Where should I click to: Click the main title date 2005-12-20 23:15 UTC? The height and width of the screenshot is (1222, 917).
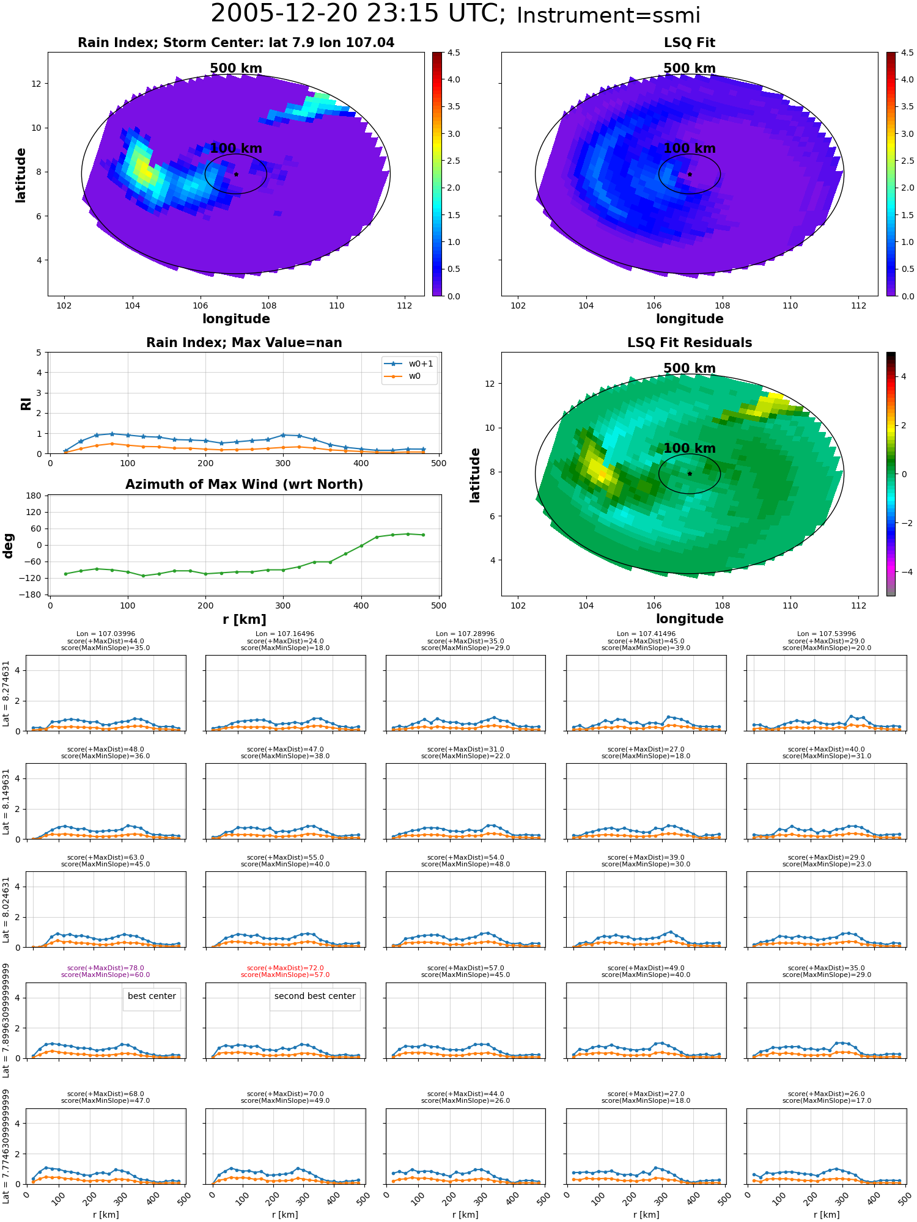click(358, 14)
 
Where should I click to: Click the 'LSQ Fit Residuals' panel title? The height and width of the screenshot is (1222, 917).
click(690, 343)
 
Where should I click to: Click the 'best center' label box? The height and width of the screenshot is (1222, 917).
click(152, 996)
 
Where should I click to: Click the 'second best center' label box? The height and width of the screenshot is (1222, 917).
click(315, 996)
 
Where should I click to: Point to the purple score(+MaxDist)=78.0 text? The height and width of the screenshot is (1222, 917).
click(106, 968)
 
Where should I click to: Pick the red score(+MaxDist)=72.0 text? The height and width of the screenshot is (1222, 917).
click(285, 968)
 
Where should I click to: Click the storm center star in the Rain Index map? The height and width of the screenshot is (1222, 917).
click(236, 174)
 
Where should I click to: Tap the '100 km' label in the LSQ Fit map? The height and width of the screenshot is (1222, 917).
click(690, 148)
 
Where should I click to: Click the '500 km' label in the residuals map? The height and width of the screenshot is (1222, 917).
click(690, 368)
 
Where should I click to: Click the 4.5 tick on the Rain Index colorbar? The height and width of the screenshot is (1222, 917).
click(454, 53)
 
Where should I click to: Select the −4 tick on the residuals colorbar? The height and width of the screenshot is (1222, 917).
click(904, 572)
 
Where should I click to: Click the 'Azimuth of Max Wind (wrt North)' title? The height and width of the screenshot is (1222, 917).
click(244, 485)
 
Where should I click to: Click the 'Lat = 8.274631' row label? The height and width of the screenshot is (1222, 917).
click(7, 693)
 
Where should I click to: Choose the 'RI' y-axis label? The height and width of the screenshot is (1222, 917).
click(26, 404)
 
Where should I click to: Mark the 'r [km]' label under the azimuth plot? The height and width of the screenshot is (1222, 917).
click(245, 620)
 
